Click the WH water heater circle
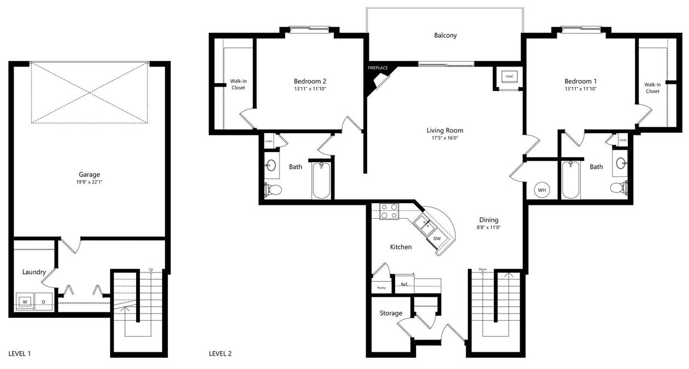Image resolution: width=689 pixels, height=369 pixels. pyautogui.click(x=542, y=190)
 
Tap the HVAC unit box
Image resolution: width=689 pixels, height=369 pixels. pyautogui.click(x=508, y=77)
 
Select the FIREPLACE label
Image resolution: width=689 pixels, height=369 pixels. pyautogui.click(x=378, y=68)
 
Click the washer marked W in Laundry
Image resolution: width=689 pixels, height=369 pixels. pyautogui.click(x=25, y=302)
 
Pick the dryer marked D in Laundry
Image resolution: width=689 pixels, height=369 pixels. pyautogui.click(x=44, y=302)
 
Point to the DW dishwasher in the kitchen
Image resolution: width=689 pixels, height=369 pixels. pyautogui.click(x=437, y=239)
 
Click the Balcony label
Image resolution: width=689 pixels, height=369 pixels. pyautogui.click(x=445, y=36)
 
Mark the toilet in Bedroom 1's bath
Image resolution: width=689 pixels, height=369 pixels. pyautogui.click(x=618, y=188)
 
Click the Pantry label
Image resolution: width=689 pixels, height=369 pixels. pyautogui.click(x=381, y=287)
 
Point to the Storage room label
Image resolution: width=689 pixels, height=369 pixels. pyautogui.click(x=391, y=313)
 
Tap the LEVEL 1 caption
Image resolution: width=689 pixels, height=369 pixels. pyautogui.click(x=23, y=353)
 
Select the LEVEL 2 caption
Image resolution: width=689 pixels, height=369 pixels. pyautogui.click(x=220, y=353)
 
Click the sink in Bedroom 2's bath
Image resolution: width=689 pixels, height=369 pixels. pyautogui.click(x=271, y=165)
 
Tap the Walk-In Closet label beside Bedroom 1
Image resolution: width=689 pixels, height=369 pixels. pyautogui.click(x=652, y=88)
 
